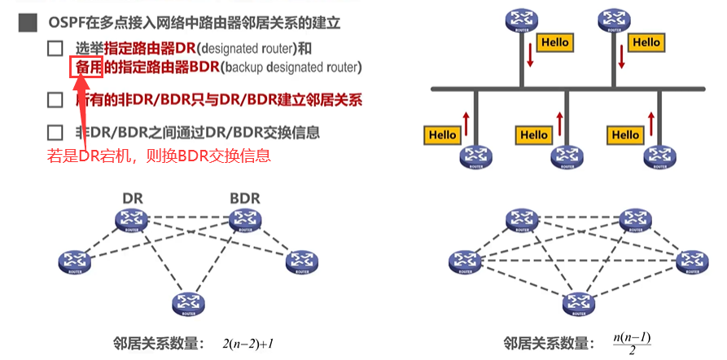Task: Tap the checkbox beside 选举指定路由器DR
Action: [x=55, y=49]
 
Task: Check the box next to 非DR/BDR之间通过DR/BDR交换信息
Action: [x=55, y=133]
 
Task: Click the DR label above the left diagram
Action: [x=132, y=198]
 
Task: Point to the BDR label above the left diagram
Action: [x=244, y=198]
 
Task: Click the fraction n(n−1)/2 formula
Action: [x=632, y=342]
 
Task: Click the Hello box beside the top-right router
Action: [x=646, y=42]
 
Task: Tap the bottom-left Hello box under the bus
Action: [x=443, y=134]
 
